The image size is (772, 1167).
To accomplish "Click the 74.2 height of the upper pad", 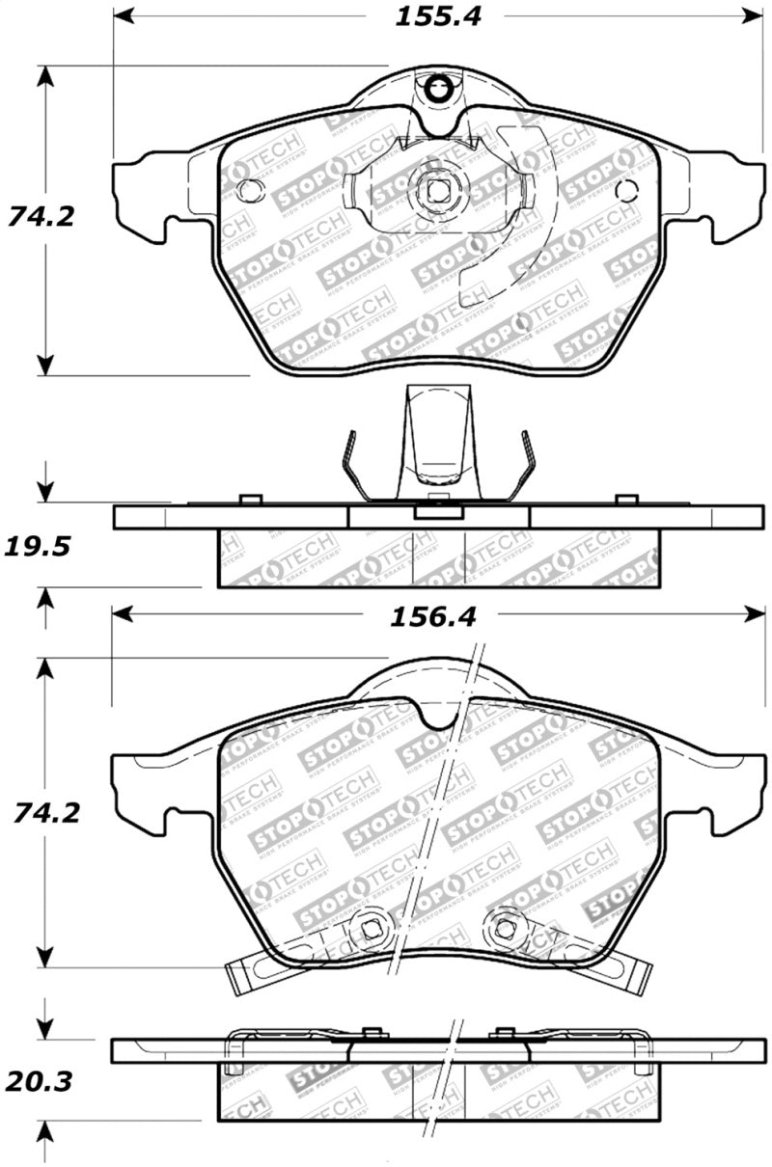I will (x=41, y=216).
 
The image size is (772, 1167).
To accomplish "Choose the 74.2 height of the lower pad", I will (x=41, y=813).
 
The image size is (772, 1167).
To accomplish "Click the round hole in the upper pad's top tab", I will (x=439, y=90).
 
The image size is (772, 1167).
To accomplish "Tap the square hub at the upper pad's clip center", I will (x=438, y=189).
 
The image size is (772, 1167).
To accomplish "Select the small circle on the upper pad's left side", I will (x=248, y=190).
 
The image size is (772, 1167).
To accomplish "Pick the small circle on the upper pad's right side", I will (x=626, y=190).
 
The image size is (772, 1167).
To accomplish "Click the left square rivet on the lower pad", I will (x=371, y=928).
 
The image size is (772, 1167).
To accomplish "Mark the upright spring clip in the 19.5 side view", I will (x=439, y=439).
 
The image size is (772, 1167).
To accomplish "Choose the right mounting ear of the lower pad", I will (x=733, y=791).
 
